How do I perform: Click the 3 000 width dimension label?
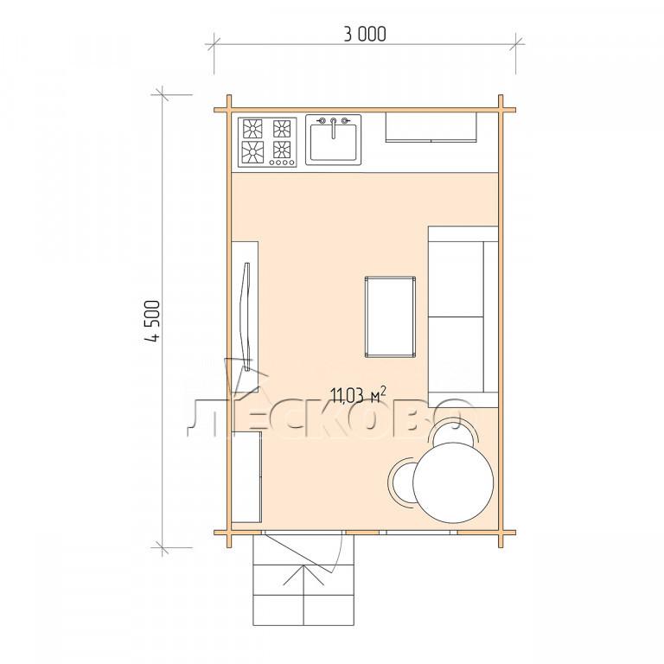point(365,34)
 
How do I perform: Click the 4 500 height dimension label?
point(152,321)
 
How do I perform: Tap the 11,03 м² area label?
point(358,395)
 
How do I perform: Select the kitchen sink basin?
point(334,143)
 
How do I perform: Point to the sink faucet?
point(334,127)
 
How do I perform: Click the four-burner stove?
point(267,143)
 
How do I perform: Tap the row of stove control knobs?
point(282,163)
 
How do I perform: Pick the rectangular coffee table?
point(390,316)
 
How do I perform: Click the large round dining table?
point(453,482)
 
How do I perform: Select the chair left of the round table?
point(400,482)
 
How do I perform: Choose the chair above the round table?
point(453,431)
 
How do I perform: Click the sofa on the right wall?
point(463,316)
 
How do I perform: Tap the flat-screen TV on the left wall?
point(246,316)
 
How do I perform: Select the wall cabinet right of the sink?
point(431,126)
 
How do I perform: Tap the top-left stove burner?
point(252,129)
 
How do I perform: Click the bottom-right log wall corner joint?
point(501,533)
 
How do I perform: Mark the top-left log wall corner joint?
point(229,110)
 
